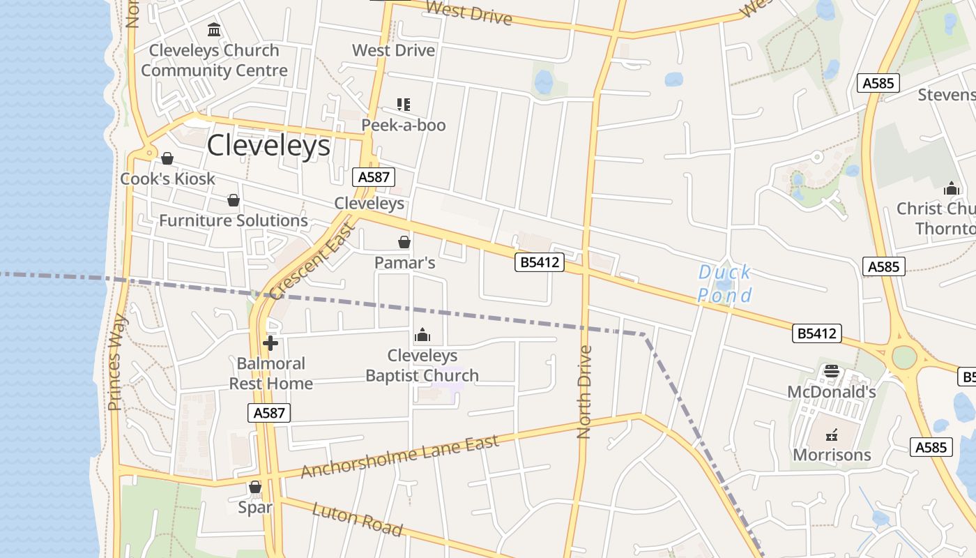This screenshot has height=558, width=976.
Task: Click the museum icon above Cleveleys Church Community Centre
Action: point(214,30)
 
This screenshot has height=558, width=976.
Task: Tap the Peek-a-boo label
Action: point(403,125)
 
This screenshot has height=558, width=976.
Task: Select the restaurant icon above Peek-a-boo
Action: point(403,105)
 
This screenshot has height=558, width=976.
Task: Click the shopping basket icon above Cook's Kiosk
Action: point(167,158)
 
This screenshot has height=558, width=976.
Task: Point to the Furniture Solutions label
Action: point(234,220)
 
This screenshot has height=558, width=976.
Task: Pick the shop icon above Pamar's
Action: point(404,242)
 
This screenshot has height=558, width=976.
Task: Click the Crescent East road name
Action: point(312,259)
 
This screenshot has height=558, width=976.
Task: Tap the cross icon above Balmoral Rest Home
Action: point(270,343)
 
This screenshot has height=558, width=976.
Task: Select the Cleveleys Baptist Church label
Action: point(422,365)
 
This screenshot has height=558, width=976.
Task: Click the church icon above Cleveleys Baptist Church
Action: point(422,335)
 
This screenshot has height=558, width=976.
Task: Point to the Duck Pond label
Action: point(725,283)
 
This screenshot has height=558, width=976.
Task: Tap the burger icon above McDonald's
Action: point(832,370)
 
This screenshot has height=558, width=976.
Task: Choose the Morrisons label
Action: point(832,455)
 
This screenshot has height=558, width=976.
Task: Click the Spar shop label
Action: point(255,507)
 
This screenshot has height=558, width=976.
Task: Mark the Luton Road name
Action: point(357,520)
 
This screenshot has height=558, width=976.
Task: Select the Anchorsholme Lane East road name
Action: point(400,456)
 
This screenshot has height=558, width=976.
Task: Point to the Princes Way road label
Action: point(117,362)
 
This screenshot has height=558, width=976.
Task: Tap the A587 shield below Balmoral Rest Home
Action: point(269,413)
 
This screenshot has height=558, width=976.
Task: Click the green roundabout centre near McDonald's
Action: point(904,357)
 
